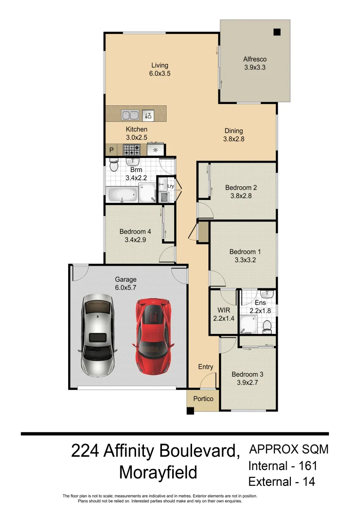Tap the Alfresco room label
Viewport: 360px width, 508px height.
(x=255, y=59)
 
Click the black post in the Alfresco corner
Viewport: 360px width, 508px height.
(x=277, y=32)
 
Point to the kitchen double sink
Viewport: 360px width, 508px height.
(x=130, y=115)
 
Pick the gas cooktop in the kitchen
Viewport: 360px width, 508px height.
(x=132, y=150)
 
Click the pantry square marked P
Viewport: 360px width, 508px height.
(x=112, y=150)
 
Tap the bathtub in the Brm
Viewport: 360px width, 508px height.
(x=122, y=194)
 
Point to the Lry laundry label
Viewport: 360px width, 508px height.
(x=171, y=186)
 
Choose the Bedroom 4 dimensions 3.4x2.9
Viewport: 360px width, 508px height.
(x=135, y=240)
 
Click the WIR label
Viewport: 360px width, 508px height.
(x=223, y=310)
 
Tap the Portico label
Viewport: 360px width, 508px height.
(x=203, y=398)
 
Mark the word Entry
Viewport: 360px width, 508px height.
(x=206, y=367)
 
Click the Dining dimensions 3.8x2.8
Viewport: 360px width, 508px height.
(x=233, y=139)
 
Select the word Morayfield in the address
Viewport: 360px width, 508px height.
(x=158, y=472)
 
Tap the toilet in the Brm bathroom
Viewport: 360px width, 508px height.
(x=113, y=166)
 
